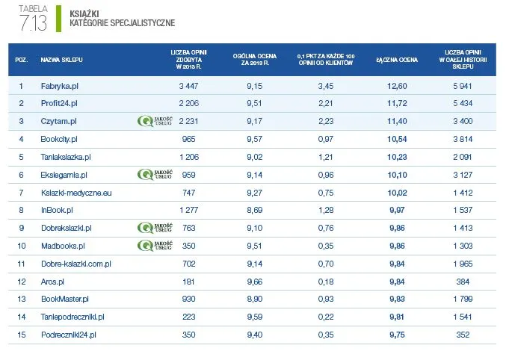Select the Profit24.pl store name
59,103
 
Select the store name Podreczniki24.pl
70,335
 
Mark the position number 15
22,335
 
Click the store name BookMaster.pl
65,299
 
